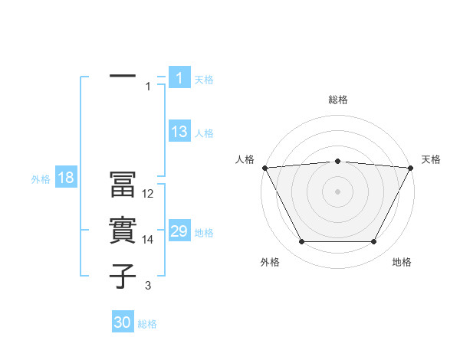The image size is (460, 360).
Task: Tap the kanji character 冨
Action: tap(123, 186)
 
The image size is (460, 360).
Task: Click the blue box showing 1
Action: tap(179, 77)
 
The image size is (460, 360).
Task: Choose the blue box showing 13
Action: tap(179, 132)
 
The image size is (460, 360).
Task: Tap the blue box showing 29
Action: tap(179, 231)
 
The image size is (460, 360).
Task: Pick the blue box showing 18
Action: tap(66, 178)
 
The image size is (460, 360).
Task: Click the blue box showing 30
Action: tap(123, 322)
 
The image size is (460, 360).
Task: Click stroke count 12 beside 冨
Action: tap(148, 195)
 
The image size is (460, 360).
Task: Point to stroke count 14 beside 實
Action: tap(148, 240)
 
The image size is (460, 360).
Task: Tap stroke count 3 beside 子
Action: tap(148, 286)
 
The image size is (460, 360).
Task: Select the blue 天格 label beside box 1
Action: tap(204, 79)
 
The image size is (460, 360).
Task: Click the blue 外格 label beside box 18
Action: tap(41, 179)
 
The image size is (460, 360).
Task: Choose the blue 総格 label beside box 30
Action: tap(147, 324)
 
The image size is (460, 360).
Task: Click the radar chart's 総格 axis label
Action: tap(337, 100)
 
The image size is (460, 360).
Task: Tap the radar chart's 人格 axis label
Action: tap(245, 159)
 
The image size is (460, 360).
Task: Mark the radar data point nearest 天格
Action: tap(411, 168)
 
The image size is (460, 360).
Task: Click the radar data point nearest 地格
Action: tap(374, 242)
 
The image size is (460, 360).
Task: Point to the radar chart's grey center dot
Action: tap(337, 191)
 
